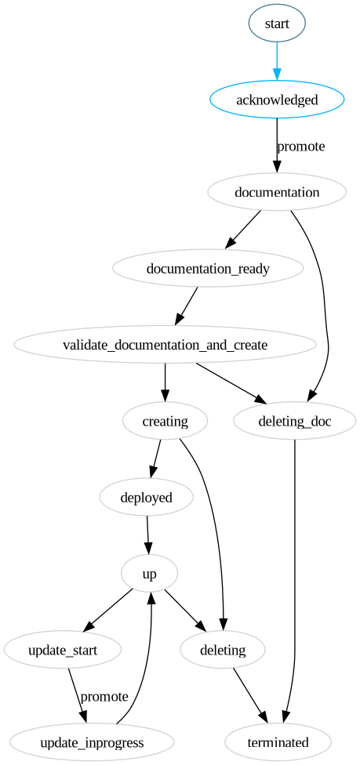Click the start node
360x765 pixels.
[x=277, y=23]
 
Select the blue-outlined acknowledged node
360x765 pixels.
[x=277, y=100]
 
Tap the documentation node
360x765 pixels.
[x=277, y=192]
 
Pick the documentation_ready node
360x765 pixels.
[x=208, y=268]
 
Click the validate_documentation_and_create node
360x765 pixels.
[x=165, y=345]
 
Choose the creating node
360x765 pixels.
[x=165, y=421]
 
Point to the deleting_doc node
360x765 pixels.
[x=295, y=421]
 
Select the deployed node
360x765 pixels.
[x=146, y=498]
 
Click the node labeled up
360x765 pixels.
[x=150, y=575]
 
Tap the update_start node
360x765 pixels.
[x=63, y=651]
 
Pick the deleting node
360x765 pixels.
[x=223, y=651]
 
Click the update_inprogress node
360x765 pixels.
[x=92, y=743]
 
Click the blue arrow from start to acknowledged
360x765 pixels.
[x=277, y=61]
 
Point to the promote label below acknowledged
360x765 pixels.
[x=301, y=147]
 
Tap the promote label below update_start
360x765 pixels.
[x=104, y=696]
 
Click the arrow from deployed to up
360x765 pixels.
[x=148, y=535]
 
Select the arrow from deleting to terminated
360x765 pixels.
[x=250, y=695]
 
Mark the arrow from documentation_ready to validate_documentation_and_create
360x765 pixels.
[x=187, y=306]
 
